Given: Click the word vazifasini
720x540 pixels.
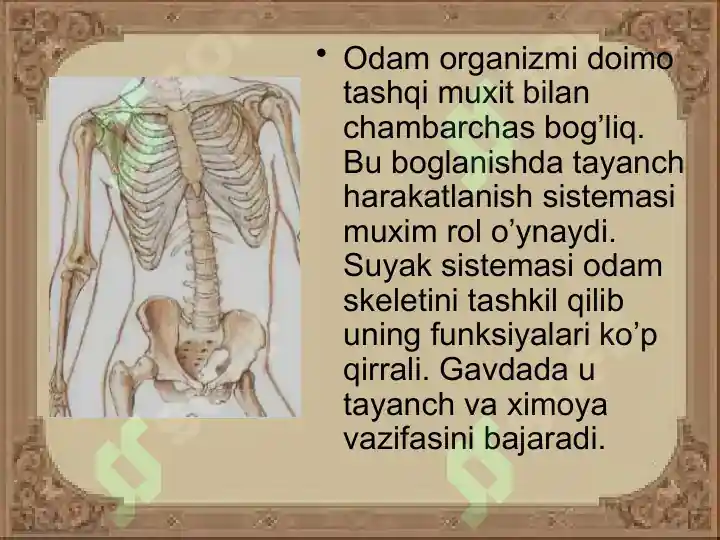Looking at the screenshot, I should (x=413, y=438).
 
